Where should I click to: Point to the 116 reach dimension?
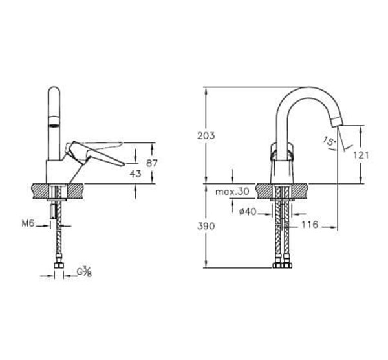pyautogui.click(x=309, y=225)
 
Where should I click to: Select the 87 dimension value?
pyautogui.click(x=153, y=163)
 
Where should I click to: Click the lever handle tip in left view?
pyautogui.click(x=120, y=166)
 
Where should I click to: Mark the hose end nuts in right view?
pyautogui.click(x=282, y=265)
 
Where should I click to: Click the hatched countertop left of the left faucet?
pyautogui.click(x=40, y=191)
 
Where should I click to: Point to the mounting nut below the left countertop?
pyautogui.click(x=52, y=212)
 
